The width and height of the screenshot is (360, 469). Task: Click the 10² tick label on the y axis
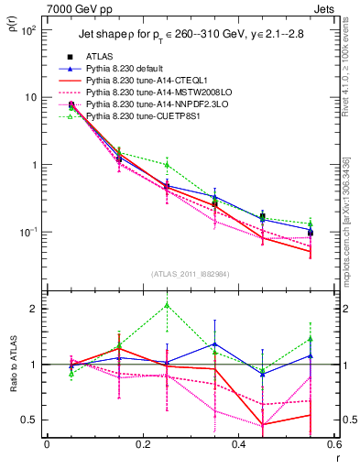(28, 30)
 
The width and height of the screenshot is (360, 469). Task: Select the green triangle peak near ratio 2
(166, 305)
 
